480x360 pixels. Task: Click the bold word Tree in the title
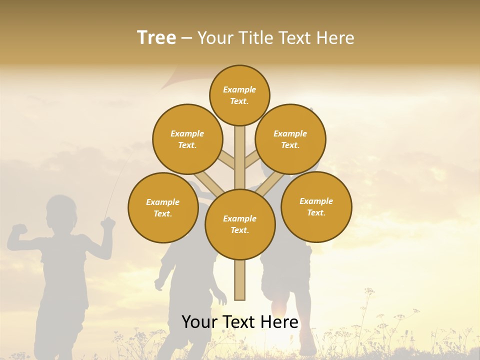(x=156, y=37)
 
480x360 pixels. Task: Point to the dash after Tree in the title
(x=186, y=38)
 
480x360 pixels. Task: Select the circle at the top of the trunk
(x=239, y=95)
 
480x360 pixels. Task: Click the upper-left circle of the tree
(x=187, y=139)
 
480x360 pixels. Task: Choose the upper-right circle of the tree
(x=290, y=139)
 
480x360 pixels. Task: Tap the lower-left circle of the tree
(x=163, y=207)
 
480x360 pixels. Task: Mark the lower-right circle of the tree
(x=316, y=206)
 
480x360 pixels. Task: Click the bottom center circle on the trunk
(x=240, y=224)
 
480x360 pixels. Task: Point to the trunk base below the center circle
(x=240, y=280)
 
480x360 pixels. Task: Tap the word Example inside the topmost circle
(x=239, y=90)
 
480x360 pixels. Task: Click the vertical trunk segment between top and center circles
(x=240, y=155)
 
